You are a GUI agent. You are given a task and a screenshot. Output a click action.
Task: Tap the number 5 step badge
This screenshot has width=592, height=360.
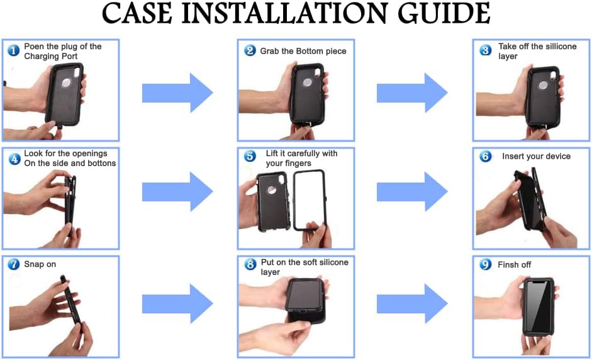coord(250,156)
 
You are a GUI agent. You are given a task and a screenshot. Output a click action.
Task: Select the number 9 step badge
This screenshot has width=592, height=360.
coord(485,264)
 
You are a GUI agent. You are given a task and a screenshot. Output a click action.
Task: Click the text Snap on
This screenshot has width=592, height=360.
coord(40,264)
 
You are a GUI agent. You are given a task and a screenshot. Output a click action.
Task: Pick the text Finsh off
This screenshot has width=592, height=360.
coord(515,265)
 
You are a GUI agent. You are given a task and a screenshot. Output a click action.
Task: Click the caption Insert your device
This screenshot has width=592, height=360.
coord(536,156)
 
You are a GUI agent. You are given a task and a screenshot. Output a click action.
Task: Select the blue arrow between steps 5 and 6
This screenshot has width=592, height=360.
coord(413,191)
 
